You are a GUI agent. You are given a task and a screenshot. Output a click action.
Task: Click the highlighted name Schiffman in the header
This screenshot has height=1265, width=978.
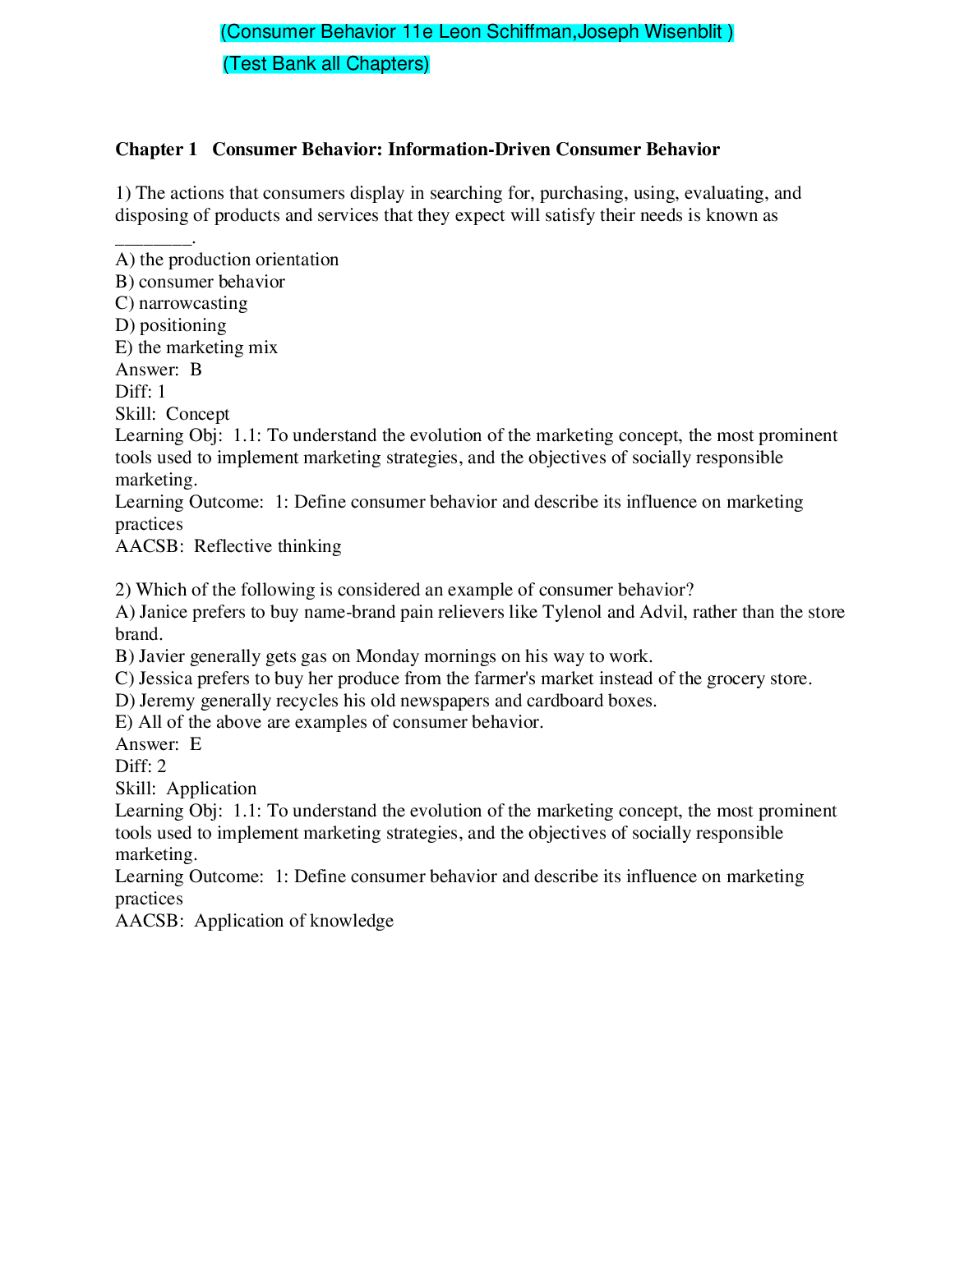click(x=530, y=32)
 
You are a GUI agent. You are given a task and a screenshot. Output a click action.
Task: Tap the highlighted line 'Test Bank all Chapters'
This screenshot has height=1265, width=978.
click(x=326, y=64)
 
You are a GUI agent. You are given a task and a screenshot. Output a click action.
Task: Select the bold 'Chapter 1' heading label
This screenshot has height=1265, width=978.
click(x=156, y=149)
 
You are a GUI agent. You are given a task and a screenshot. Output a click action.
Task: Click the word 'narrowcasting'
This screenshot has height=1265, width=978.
click(x=193, y=303)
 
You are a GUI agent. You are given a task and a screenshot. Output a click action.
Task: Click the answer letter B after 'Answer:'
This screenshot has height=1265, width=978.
click(x=196, y=370)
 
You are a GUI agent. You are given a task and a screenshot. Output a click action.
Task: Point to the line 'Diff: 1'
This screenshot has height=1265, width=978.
click(x=141, y=392)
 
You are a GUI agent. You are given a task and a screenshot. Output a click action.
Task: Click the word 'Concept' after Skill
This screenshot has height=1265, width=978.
click(x=197, y=414)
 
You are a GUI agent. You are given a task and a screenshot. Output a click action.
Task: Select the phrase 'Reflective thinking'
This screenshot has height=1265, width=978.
click(x=268, y=546)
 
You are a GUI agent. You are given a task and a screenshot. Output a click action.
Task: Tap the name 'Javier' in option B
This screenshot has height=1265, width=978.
click(x=162, y=656)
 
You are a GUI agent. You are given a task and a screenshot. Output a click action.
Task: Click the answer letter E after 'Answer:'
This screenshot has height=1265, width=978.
click(x=196, y=744)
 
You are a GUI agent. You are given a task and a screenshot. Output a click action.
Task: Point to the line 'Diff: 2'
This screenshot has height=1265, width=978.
click(x=141, y=766)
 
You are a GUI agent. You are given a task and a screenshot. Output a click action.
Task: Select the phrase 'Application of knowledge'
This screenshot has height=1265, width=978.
click(x=294, y=921)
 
